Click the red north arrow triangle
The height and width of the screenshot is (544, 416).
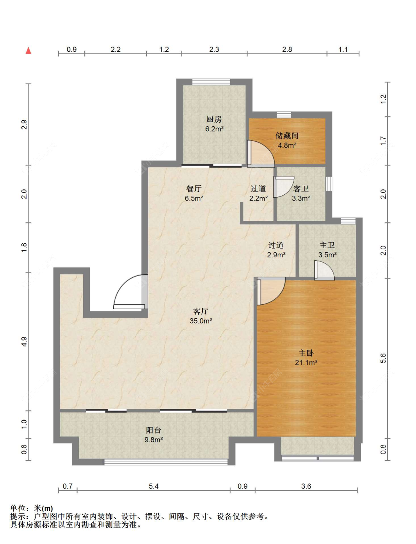[28, 51]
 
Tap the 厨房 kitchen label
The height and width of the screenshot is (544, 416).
[214, 119]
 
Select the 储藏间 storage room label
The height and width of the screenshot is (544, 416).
[287, 136]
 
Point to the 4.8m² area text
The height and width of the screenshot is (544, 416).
[287, 146]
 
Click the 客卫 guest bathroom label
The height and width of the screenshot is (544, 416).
[301, 189]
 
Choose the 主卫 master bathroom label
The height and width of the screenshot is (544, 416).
[327, 245]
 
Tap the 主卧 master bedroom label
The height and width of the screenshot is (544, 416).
[306, 353]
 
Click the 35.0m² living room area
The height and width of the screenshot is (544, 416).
[201, 321]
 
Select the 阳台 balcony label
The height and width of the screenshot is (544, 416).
[153, 430]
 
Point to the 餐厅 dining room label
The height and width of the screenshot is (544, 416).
[194, 189]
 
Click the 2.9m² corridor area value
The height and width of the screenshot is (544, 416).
[276, 254]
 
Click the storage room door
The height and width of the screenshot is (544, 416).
[261, 154]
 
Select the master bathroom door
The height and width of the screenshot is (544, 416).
[324, 270]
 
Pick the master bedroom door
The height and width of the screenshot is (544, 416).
[271, 291]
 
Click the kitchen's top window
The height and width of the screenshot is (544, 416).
[211, 82]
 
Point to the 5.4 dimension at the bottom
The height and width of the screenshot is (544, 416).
[153, 486]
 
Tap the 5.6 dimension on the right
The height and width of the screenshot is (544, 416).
[383, 358]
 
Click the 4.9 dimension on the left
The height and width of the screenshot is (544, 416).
[24, 342]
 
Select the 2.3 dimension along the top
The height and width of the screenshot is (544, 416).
[214, 49]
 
